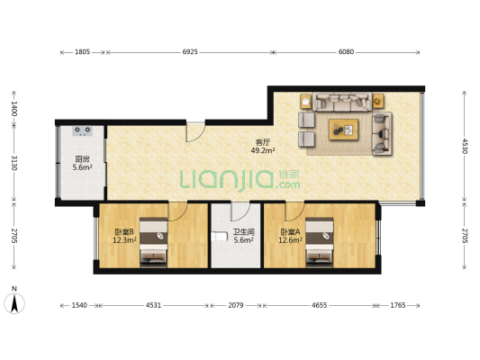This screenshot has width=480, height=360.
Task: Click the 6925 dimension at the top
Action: (x=190, y=52)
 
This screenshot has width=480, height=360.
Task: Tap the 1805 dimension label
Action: (x=82, y=52)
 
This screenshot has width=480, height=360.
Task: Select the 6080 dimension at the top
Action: (x=346, y=52)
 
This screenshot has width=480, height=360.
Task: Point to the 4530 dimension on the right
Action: (x=465, y=146)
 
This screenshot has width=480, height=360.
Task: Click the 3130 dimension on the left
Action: (x=14, y=163)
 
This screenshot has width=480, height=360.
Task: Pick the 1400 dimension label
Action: (x=14, y=109)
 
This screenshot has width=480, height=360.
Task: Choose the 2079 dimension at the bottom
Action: (x=236, y=305)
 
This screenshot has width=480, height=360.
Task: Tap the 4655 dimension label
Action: (x=320, y=305)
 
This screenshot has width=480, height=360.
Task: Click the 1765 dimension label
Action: (x=398, y=305)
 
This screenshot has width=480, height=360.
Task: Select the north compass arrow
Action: (x=14, y=303)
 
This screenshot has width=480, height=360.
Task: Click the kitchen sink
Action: (x=83, y=130)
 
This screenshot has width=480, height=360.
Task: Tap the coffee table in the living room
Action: (x=343, y=130)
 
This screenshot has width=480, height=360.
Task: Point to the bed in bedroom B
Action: (x=153, y=241)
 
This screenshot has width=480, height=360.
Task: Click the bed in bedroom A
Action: (x=320, y=241)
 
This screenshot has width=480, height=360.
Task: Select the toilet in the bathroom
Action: (x=220, y=236)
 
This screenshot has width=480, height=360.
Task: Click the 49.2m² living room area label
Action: (x=263, y=150)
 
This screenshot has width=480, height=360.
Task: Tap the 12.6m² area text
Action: (x=290, y=240)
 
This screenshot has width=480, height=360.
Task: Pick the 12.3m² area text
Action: (x=124, y=240)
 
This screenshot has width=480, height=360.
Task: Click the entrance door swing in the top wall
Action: (x=195, y=132)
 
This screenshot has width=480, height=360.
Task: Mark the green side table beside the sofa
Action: (x=378, y=101)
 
